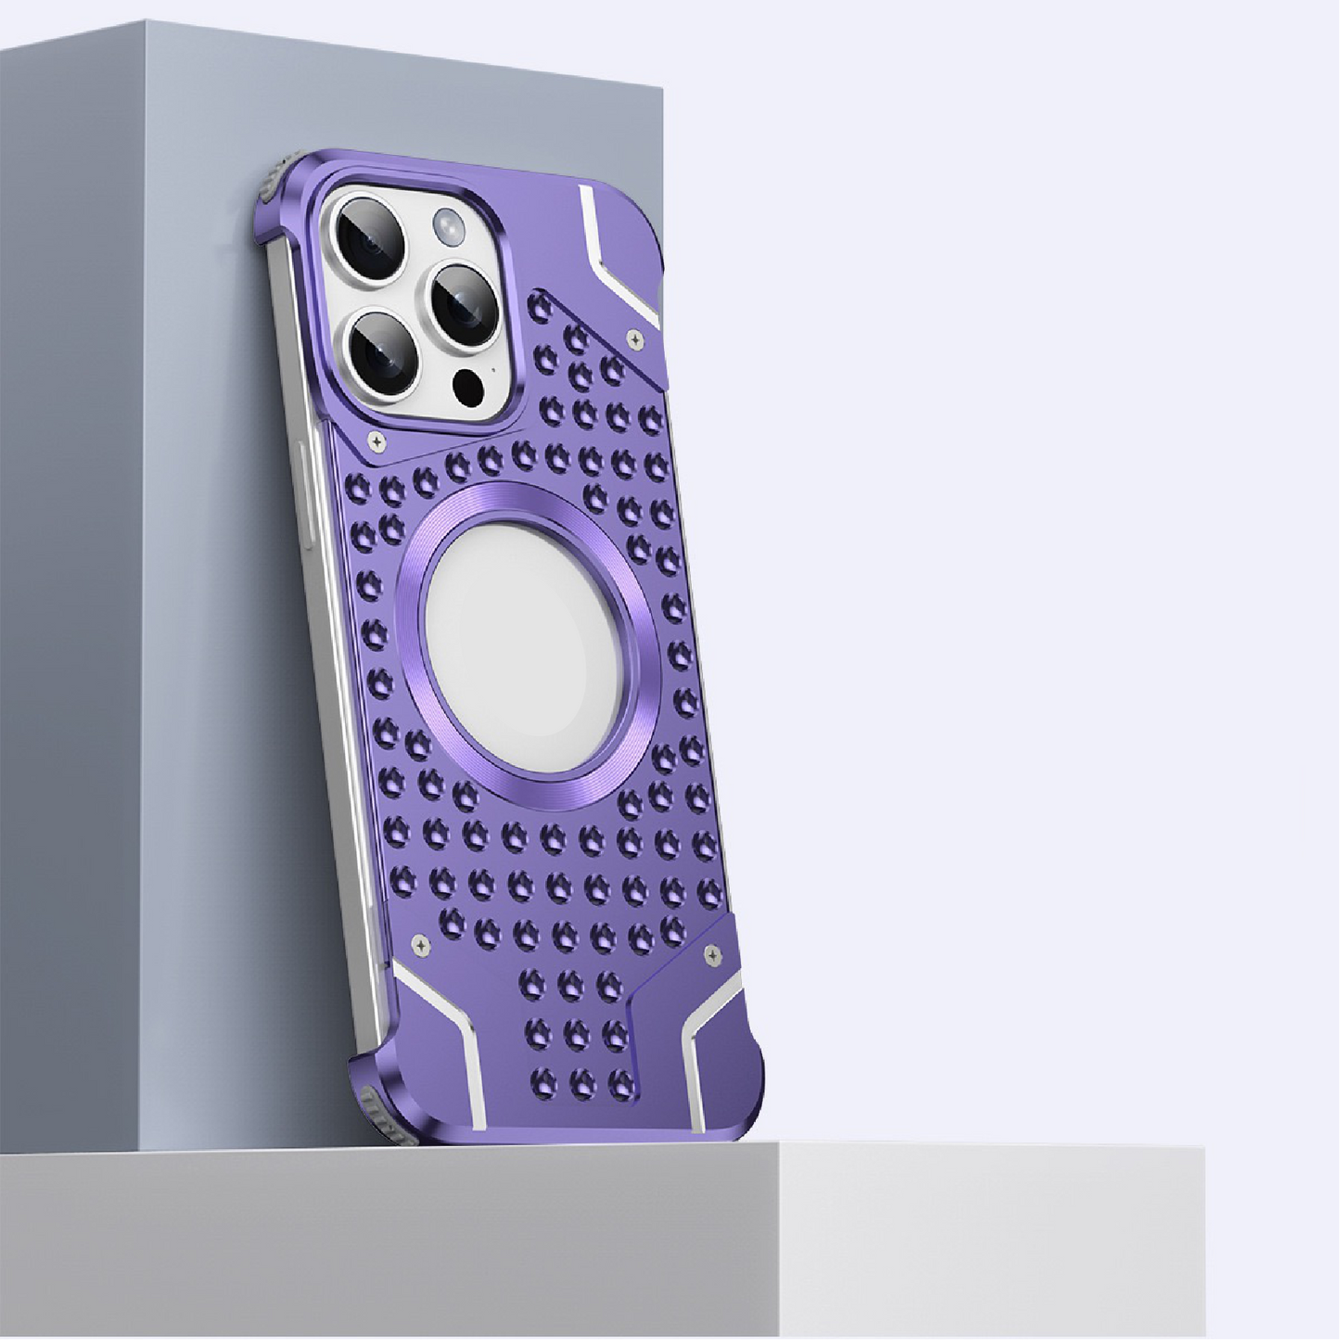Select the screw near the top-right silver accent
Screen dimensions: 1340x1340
[x=635, y=338]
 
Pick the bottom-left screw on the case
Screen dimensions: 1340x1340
[x=423, y=945]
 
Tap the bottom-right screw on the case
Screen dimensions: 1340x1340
[x=712, y=952]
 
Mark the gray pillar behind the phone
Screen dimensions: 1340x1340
[x=139, y=556]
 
